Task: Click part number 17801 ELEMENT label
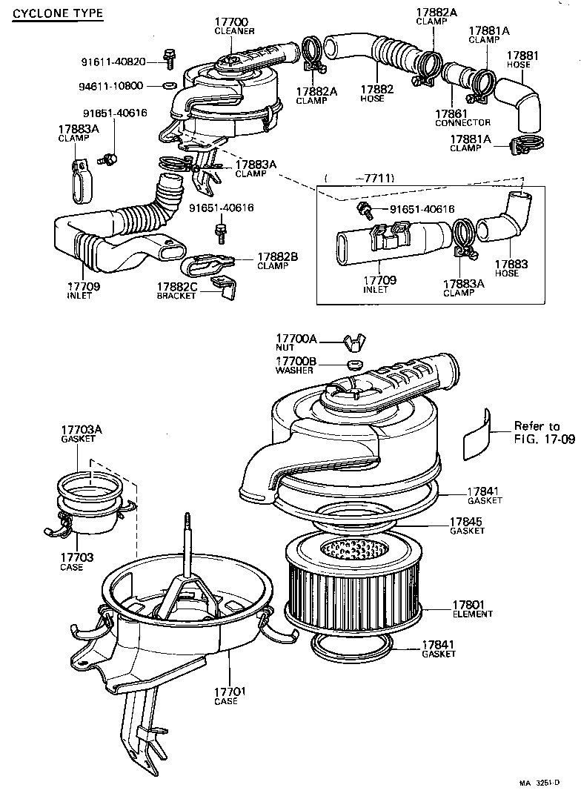point(472,609)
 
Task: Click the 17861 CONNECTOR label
point(462,117)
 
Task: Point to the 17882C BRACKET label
point(176,291)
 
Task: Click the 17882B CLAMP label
point(277,261)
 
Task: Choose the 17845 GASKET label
point(466,526)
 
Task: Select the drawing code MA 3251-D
point(548,783)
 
